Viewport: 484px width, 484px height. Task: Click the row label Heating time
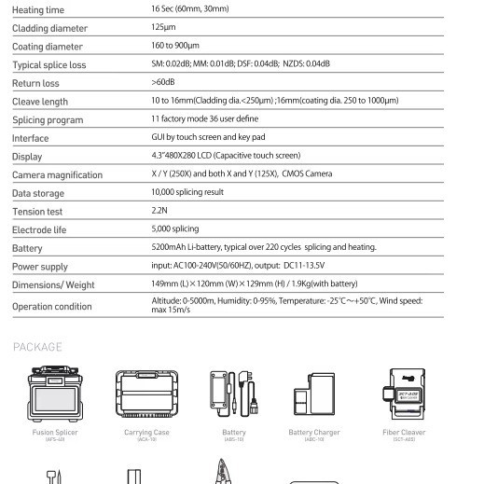tap(38, 9)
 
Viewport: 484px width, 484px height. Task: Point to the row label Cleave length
tap(40, 102)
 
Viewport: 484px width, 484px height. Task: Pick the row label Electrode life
tap(39, 230)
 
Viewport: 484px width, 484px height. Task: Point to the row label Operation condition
tap(52, 307)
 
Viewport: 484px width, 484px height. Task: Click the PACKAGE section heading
tap(37, 347)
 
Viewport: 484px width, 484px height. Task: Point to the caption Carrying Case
tap(146, 433)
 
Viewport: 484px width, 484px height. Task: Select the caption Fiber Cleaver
tap(404, 433)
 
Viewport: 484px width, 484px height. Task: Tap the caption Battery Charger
tap(314, 433)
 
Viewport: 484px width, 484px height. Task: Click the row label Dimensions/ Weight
tap(53, 284)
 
